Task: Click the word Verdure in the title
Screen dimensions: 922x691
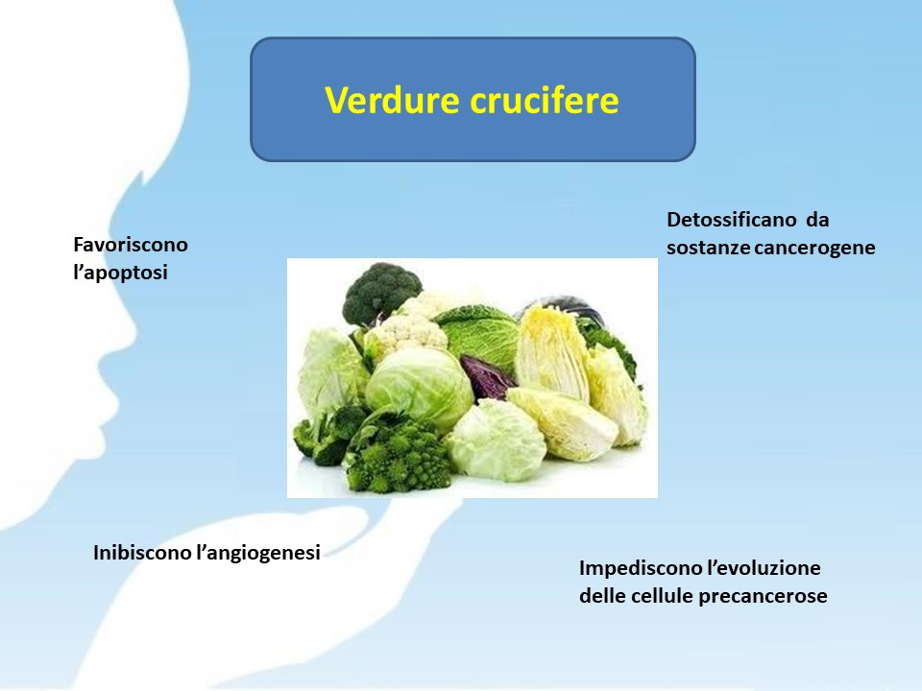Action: click(392, 100)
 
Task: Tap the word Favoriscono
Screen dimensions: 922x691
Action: click(131, 245)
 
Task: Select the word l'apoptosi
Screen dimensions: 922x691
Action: click(121, 273)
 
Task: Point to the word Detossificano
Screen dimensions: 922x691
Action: click(732, 220)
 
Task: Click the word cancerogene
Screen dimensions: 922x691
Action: click(814, 248)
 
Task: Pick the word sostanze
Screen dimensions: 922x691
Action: click(709, 248)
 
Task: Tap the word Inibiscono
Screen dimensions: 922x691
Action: click(143, 553)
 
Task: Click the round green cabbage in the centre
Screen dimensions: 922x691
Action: click(419, 388)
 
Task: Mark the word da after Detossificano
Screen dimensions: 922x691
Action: click(817, 220)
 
